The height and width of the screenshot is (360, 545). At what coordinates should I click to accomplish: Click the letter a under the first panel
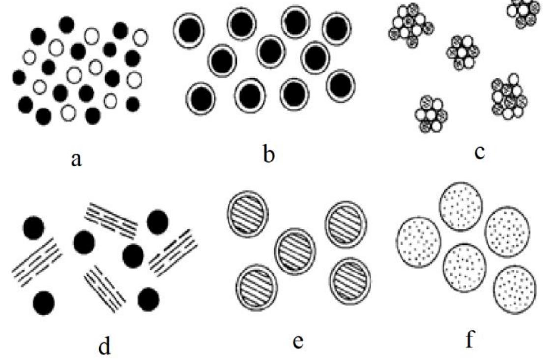tap(76, 160)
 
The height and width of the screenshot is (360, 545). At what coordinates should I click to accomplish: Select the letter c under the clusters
tap(479, 152)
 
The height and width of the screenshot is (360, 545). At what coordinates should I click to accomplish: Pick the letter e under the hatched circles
tap(297, 342)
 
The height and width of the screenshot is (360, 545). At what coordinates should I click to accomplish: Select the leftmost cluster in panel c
tap(411, 26)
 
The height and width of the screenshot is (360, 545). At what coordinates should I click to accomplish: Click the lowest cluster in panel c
tap(431, 114)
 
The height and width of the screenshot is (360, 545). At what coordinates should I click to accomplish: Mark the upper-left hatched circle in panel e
tap(248, 214)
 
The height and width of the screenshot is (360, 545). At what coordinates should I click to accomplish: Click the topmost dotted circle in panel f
tap(461, 206)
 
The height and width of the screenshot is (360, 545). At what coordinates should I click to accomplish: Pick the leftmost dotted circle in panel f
tap(418, 242)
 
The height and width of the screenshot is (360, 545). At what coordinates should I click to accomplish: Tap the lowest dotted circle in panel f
tap(515, 290)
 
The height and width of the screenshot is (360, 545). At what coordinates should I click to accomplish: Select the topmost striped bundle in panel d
tap(111, 218)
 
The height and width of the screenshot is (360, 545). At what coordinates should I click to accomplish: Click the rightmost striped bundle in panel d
tap(173, 253)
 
